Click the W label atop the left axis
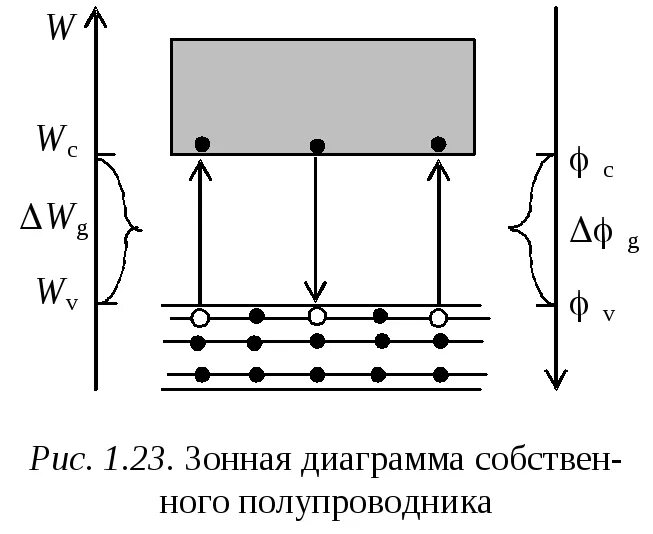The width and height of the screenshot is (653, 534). [x=60, y=26]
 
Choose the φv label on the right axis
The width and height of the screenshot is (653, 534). [x=591, y=307]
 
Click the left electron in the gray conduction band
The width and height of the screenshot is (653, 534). [x=202, y=144]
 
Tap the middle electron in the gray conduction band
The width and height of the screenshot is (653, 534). [x=317, y=146]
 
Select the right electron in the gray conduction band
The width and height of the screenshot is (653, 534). [x=437, y=144]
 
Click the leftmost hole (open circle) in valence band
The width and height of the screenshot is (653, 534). [x=199, y=318]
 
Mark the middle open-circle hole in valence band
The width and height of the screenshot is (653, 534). [x=317, y=317]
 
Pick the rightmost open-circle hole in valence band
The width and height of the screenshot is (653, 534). [x=437, y=318]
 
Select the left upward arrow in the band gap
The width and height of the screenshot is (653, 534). [x=200, y=230]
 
